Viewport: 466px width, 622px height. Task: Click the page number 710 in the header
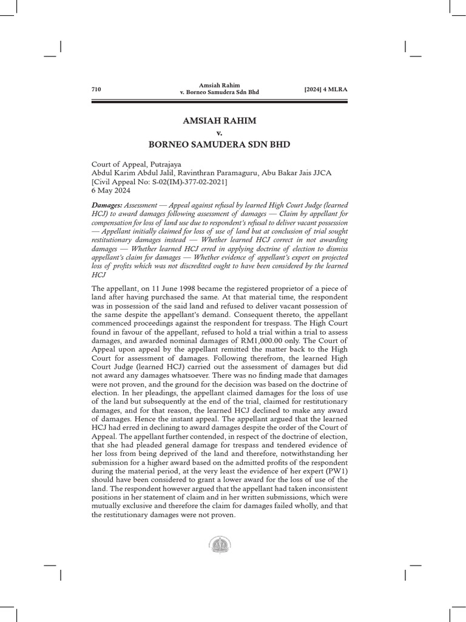[96, 89]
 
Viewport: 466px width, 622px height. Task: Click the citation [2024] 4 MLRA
[329, 89]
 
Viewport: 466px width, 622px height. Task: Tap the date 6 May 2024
[110, 190]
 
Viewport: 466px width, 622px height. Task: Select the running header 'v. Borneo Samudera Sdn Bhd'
[219, 93]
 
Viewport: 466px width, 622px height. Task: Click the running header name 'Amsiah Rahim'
[219, 85]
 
